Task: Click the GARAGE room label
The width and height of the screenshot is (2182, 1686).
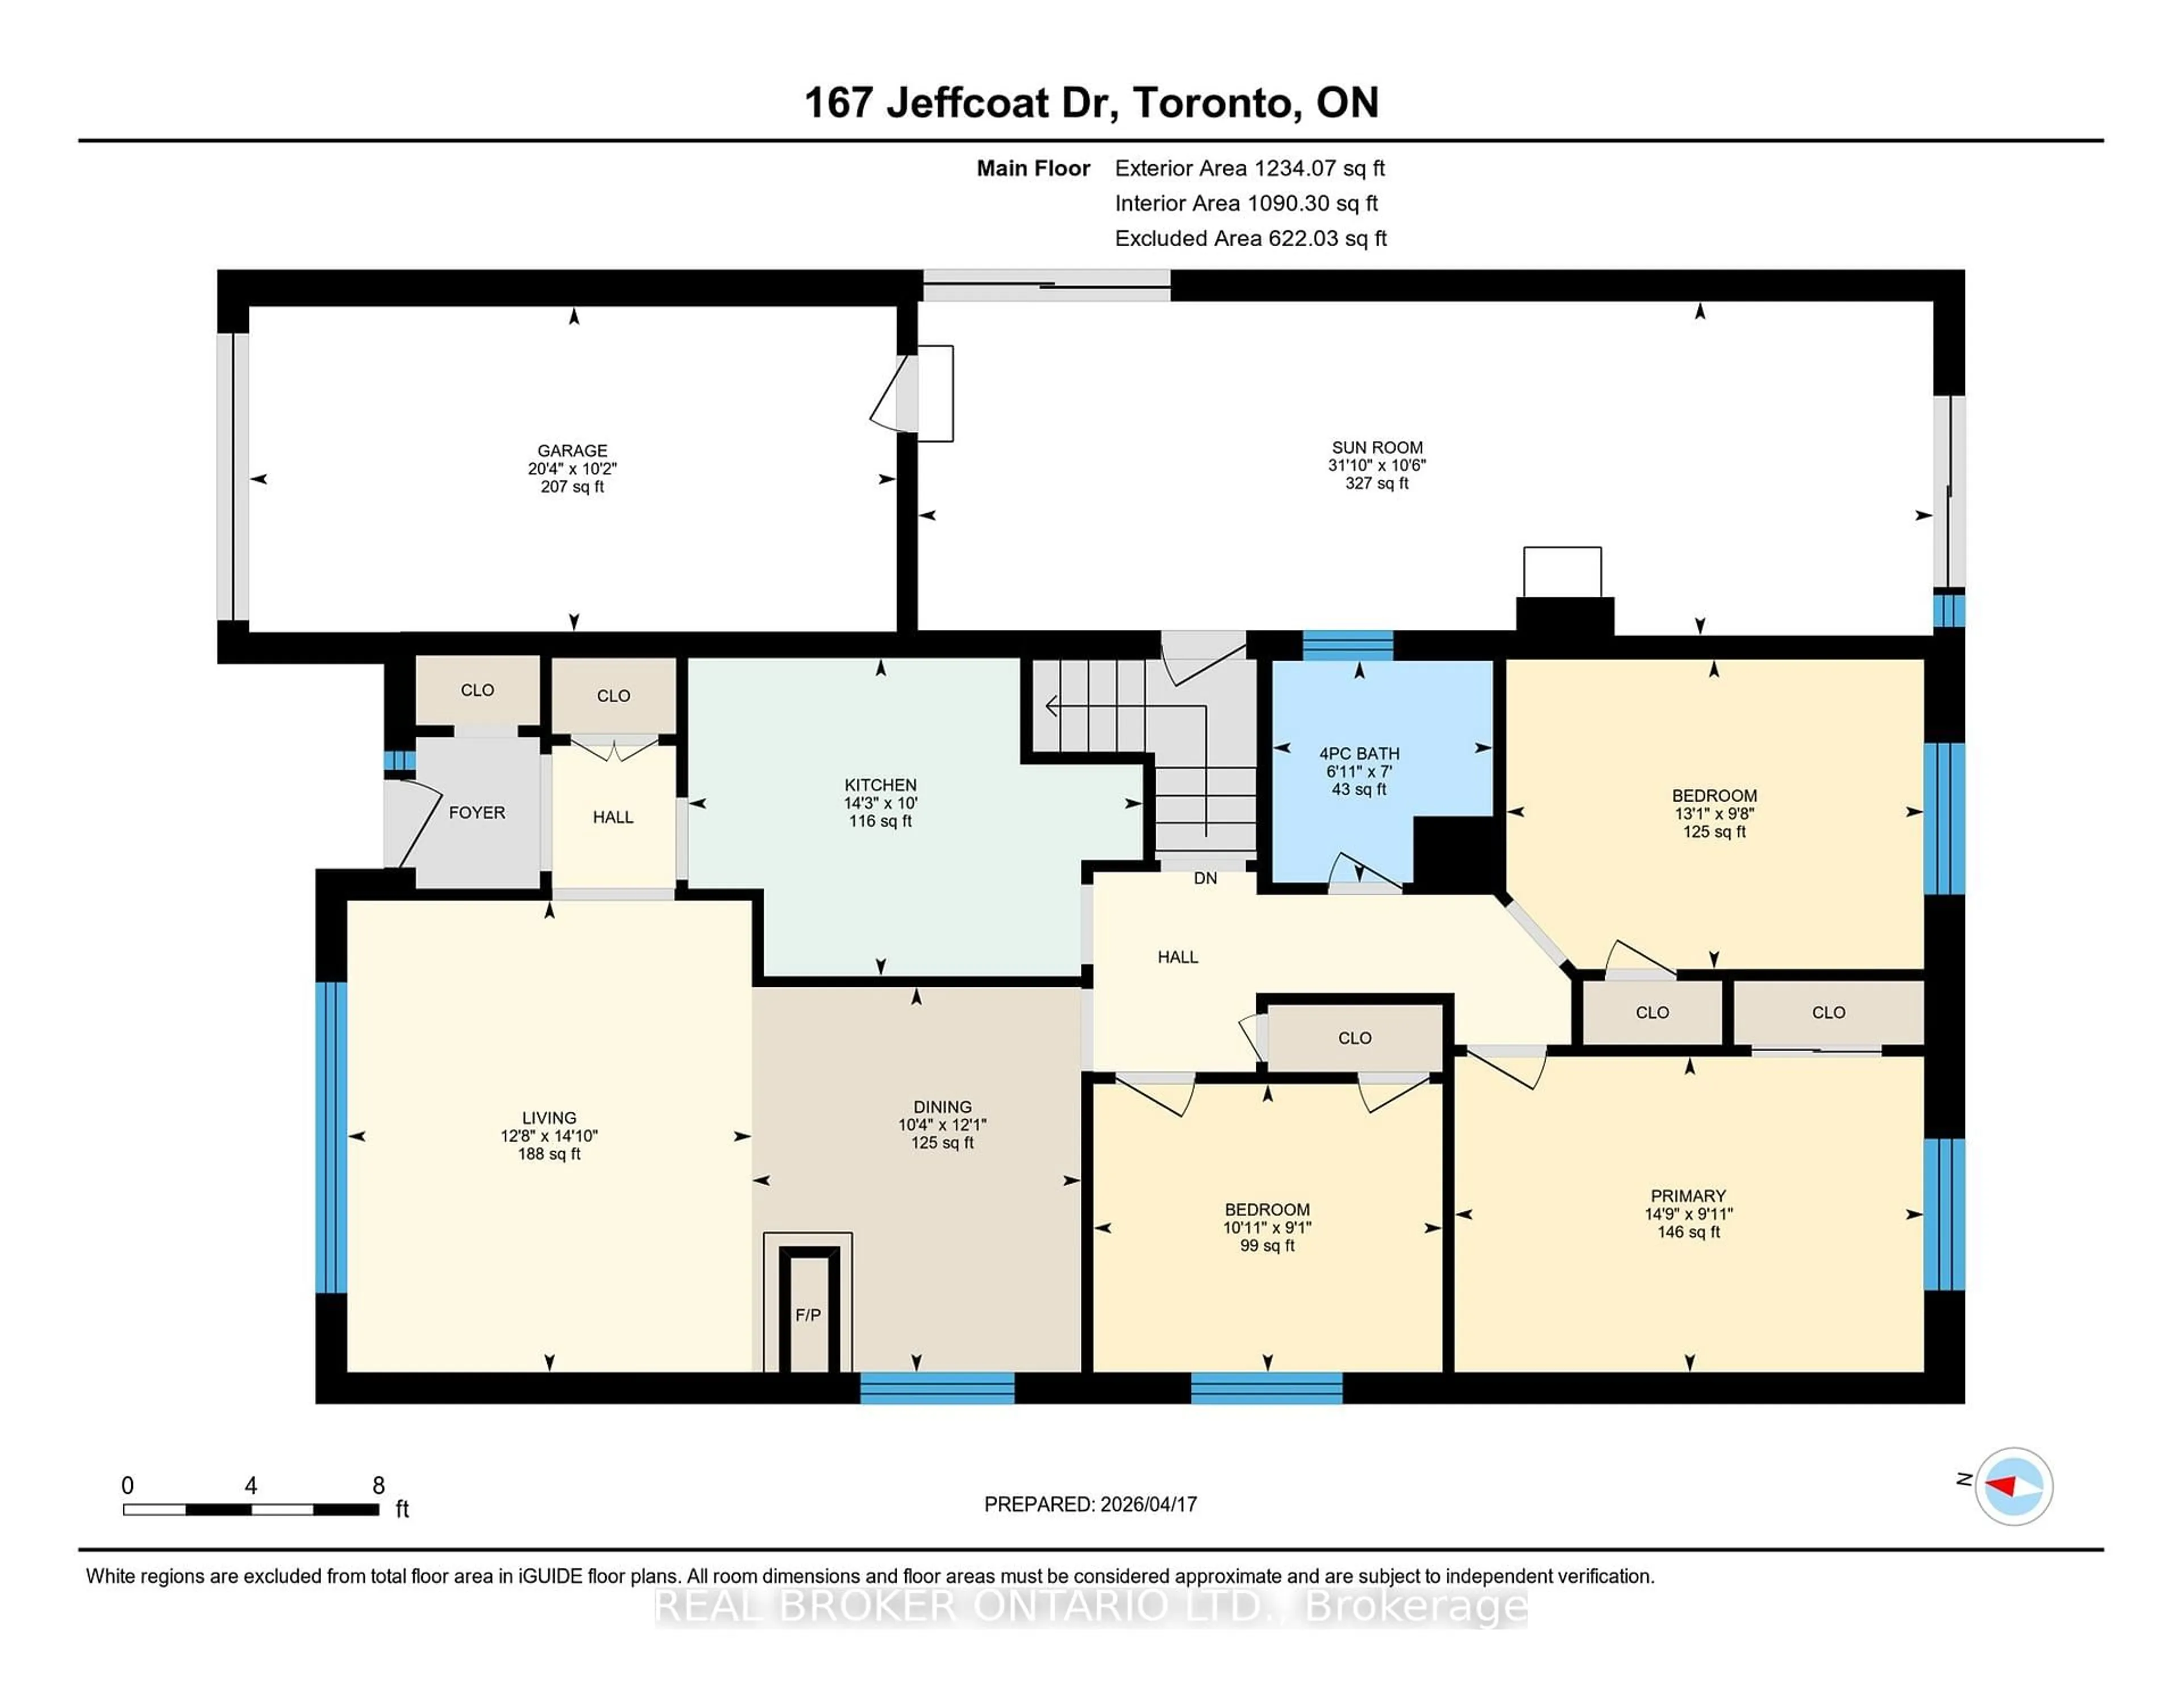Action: pos(572,451)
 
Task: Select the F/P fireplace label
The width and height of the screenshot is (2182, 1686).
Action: pos(807,1315)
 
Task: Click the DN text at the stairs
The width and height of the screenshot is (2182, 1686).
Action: pos(1205,878)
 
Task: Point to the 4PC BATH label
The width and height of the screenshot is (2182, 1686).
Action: pos(1359,754)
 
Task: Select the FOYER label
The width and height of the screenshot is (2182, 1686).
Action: pos(477,812)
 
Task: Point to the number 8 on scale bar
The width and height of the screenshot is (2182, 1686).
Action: pos(378,1485)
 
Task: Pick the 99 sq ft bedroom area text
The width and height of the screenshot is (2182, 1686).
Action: pos(1267,1245)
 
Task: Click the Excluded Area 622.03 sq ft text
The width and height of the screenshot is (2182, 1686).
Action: pos(1250,238)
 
